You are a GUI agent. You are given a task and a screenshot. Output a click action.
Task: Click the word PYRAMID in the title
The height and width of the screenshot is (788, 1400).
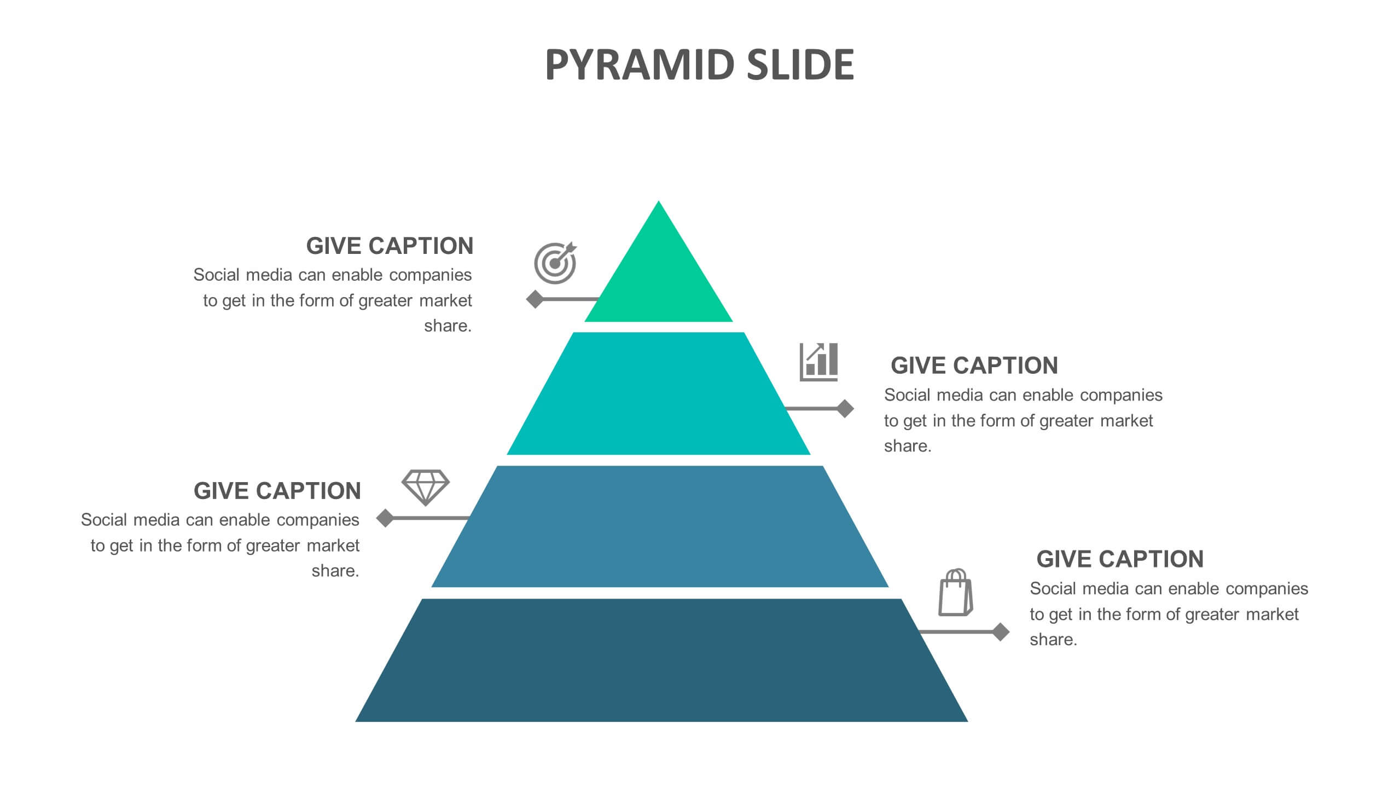coord(640,65)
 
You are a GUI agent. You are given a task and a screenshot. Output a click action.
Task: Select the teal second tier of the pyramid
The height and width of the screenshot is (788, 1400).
coord(659,393)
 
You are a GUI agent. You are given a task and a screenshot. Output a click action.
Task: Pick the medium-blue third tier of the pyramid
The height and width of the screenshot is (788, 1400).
coord(660,526)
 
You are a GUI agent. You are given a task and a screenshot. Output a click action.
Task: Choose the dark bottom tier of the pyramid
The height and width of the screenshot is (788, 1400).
coord(661,660)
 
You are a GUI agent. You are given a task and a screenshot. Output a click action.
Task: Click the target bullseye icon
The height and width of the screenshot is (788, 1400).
coord(555,263)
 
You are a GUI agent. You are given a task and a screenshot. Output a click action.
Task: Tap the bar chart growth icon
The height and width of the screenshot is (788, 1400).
coord(818,362)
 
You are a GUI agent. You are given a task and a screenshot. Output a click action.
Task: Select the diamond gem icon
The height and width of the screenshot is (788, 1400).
coord(425,487)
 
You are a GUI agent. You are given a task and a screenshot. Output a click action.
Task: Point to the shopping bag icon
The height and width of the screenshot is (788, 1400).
coord(956,593)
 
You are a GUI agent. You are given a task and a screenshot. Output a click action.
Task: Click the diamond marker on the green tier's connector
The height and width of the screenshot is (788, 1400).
coord(535,299)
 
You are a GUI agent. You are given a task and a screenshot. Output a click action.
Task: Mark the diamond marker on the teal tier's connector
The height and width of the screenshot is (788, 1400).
coord(845,408)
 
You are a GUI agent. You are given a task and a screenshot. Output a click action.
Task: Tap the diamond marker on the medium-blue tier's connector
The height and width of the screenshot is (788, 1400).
coord(385,518)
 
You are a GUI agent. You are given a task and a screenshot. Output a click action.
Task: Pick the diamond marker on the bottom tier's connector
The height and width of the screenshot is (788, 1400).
coord(1001,632)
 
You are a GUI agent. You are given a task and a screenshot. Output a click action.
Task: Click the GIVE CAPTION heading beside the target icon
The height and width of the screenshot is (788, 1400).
coord(390,246)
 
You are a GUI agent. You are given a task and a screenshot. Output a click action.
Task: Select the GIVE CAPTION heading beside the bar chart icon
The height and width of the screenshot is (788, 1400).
coord(974,366)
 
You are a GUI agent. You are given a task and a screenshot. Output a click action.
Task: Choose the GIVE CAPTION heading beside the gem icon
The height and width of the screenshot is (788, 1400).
coord(277,491)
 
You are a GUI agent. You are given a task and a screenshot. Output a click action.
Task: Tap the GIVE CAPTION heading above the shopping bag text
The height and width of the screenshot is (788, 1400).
coord(1120,559)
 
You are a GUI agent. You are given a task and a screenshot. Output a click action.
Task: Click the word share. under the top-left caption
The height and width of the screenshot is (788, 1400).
coord(448,326)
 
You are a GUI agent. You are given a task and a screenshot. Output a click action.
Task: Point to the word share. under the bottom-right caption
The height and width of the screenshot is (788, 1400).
coord(1054,640)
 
